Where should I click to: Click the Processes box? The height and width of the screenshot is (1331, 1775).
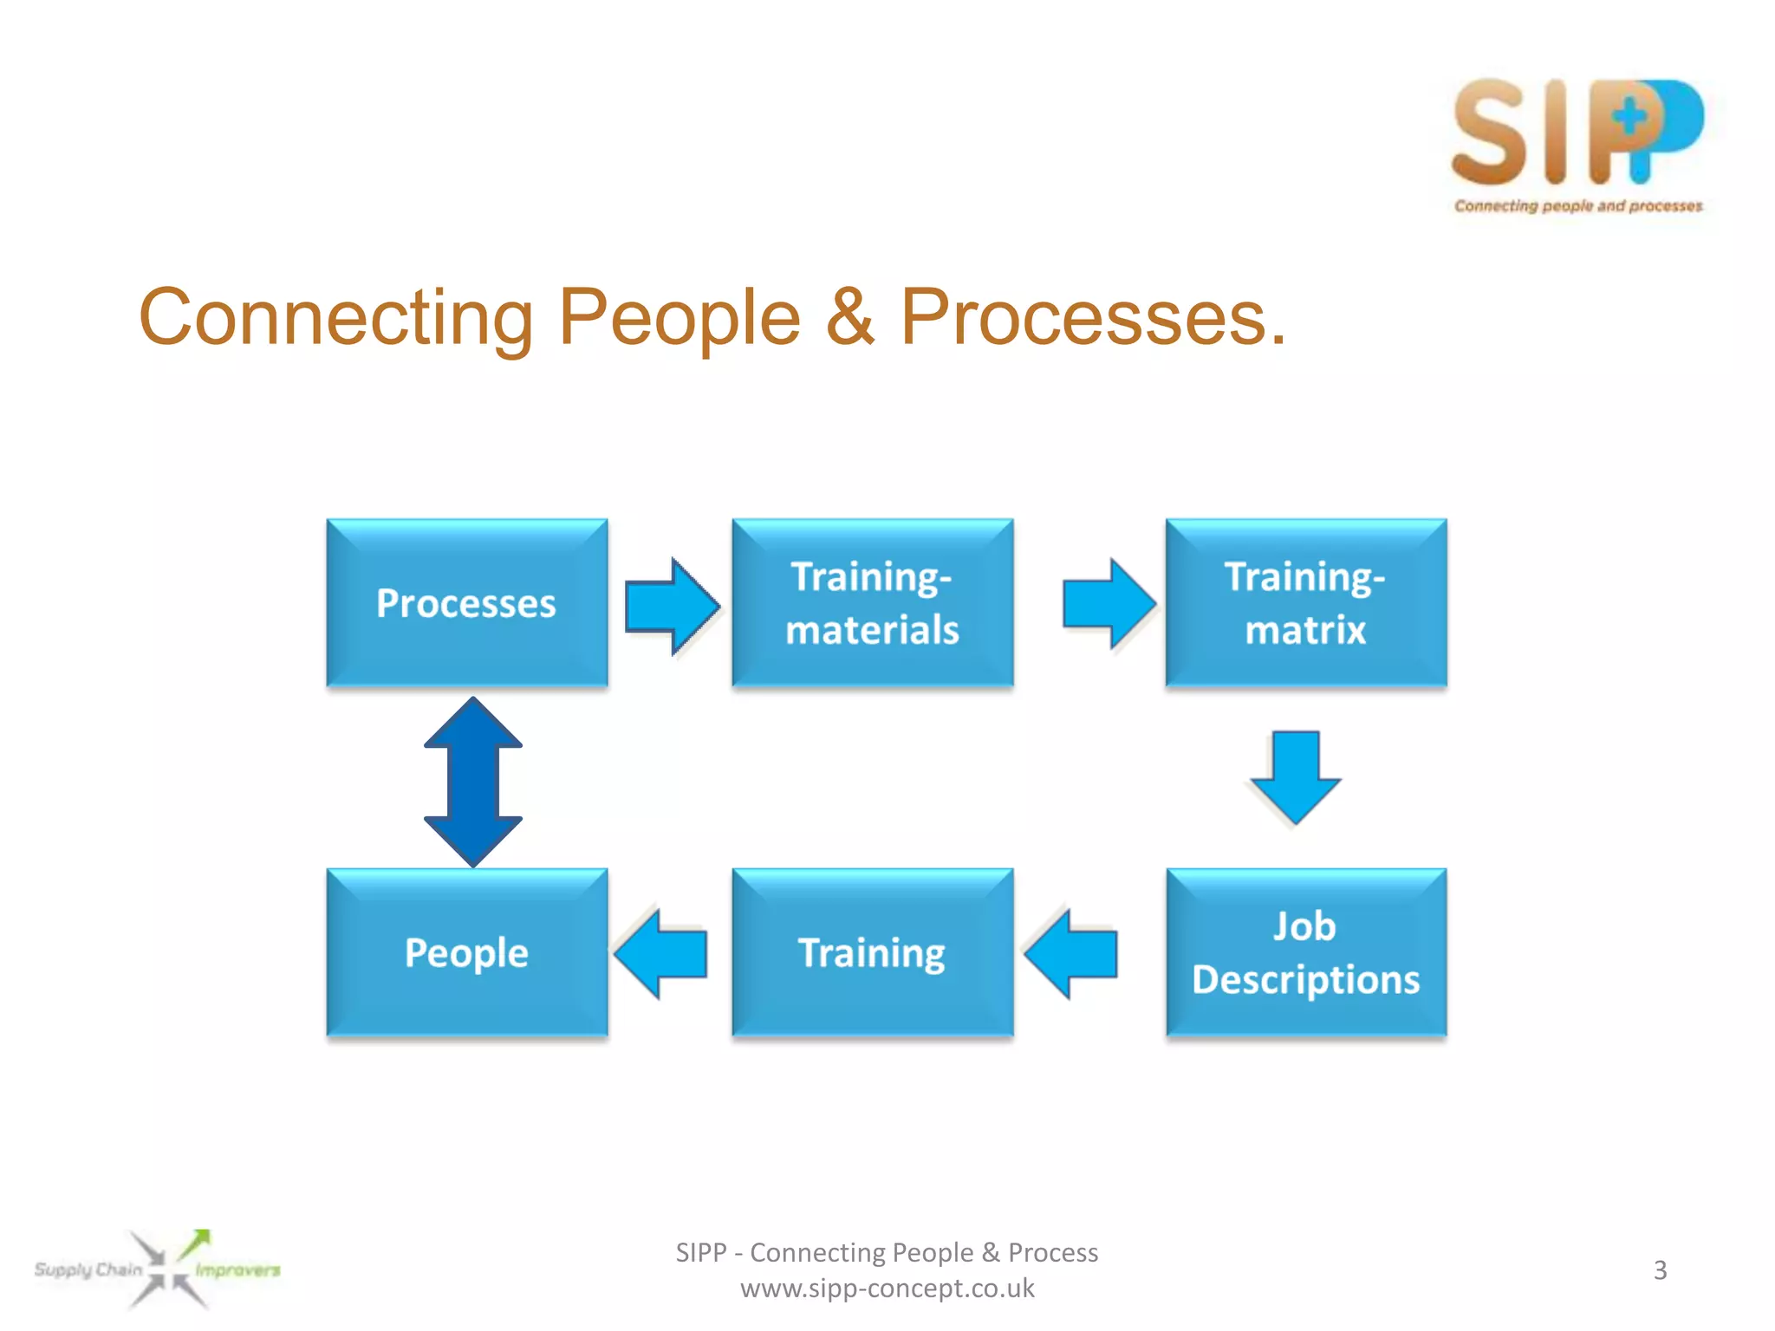click(x=466, y=603)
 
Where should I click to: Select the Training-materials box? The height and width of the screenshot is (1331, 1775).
click(x=872, y=603)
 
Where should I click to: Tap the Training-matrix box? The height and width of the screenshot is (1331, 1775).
click(x=1305, y=603)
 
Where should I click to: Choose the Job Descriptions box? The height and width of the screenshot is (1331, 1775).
click(x=1305, y=952)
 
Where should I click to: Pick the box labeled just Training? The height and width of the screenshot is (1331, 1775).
click(x=872, y=952)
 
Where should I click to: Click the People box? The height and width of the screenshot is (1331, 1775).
click(x=466, y=952)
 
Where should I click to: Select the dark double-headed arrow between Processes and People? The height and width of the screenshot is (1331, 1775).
click(x=473, y=782)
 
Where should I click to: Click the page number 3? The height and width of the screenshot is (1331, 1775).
click(x=1660, y=1270)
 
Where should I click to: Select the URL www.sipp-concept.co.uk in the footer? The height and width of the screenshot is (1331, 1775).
click(x=887, y=1289)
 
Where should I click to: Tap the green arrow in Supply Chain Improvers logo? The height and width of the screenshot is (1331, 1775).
click(x=195, y=1243)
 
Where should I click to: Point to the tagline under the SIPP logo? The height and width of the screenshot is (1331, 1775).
click(x=1577, y=206)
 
